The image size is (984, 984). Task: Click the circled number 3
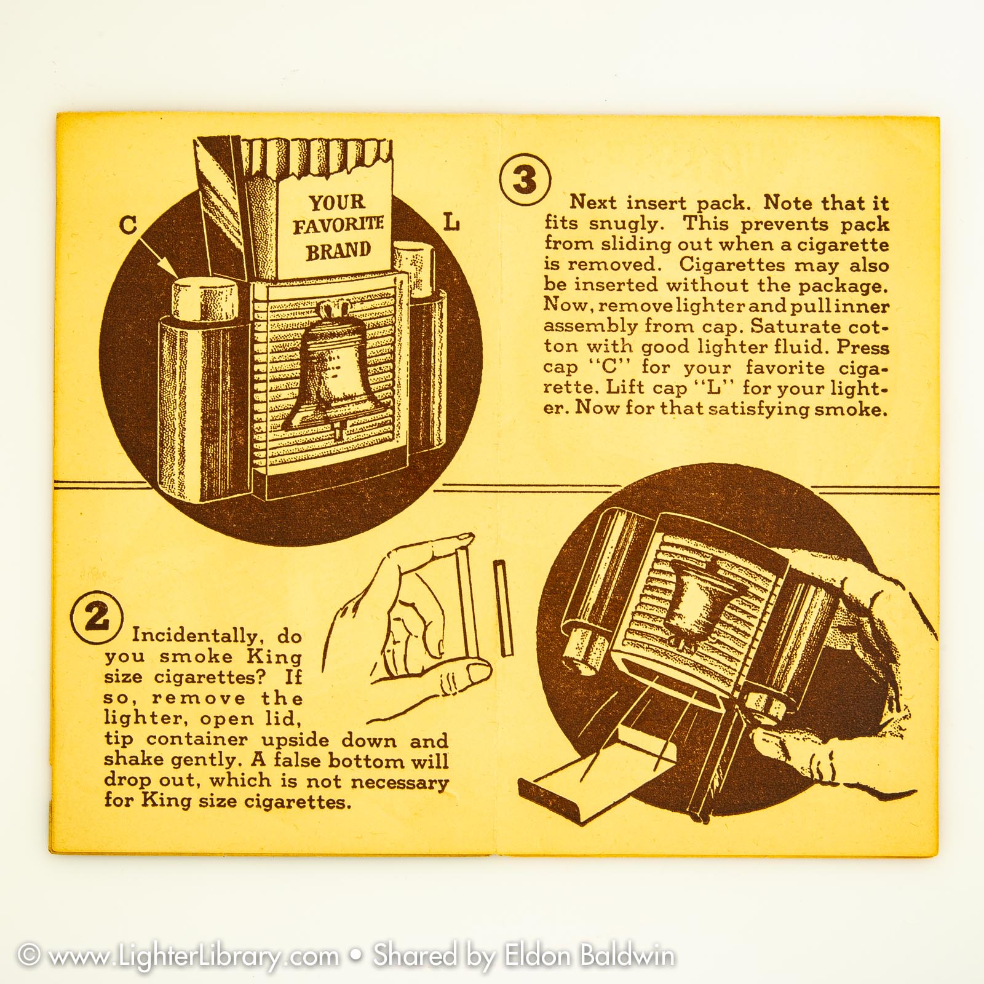click(525, 180)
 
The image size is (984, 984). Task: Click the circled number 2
click(97, 616)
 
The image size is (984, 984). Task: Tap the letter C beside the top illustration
click(128, 224)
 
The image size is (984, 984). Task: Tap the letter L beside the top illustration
click(451, 222)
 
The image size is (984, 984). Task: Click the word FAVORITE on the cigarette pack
click(338, 225)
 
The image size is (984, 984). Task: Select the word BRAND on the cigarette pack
click(339, 251)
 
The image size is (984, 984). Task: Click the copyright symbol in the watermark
click(29, 955)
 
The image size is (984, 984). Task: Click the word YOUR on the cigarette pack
click(337, 202)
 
